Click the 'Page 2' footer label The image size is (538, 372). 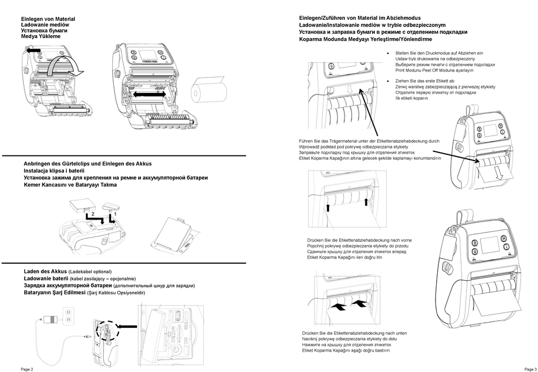(27, 369)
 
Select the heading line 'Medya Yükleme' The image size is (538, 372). (41, 36)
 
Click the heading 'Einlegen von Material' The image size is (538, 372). (48, 19)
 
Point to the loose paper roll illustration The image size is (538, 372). (210, 91)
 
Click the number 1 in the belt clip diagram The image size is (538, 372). (116, 214)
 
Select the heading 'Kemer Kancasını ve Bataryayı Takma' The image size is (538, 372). (70, 185)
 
